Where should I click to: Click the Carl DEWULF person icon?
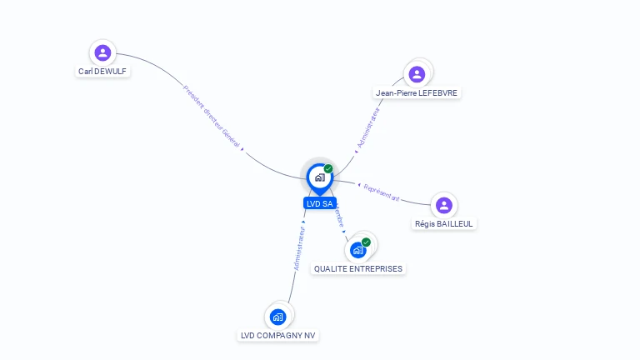coord(102,53)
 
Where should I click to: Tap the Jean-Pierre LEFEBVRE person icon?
coord(417,74)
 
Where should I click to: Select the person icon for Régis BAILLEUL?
coord(444,205)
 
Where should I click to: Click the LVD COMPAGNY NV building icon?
coord(277,317)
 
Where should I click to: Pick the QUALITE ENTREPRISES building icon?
coord(358,249)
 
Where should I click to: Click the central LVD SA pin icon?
coord(319,177)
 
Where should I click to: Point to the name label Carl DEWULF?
coord(102,72)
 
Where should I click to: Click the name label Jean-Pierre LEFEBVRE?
coord(417,93)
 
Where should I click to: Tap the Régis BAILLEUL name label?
coord(444,223)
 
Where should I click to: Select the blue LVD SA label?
coord(320,203)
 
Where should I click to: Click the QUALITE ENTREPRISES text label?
coord(358,269)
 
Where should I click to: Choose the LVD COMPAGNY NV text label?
coord(277,336)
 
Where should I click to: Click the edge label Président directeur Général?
coord(212,116)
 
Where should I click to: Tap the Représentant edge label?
coord(382,193)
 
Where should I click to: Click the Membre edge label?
coord(338,217)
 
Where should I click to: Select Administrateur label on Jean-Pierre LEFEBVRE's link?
coord(367,127)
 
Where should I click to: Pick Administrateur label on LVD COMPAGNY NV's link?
coord(300,247)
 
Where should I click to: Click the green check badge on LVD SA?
coord(328,169)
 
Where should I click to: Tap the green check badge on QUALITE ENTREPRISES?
coord(366,242)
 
